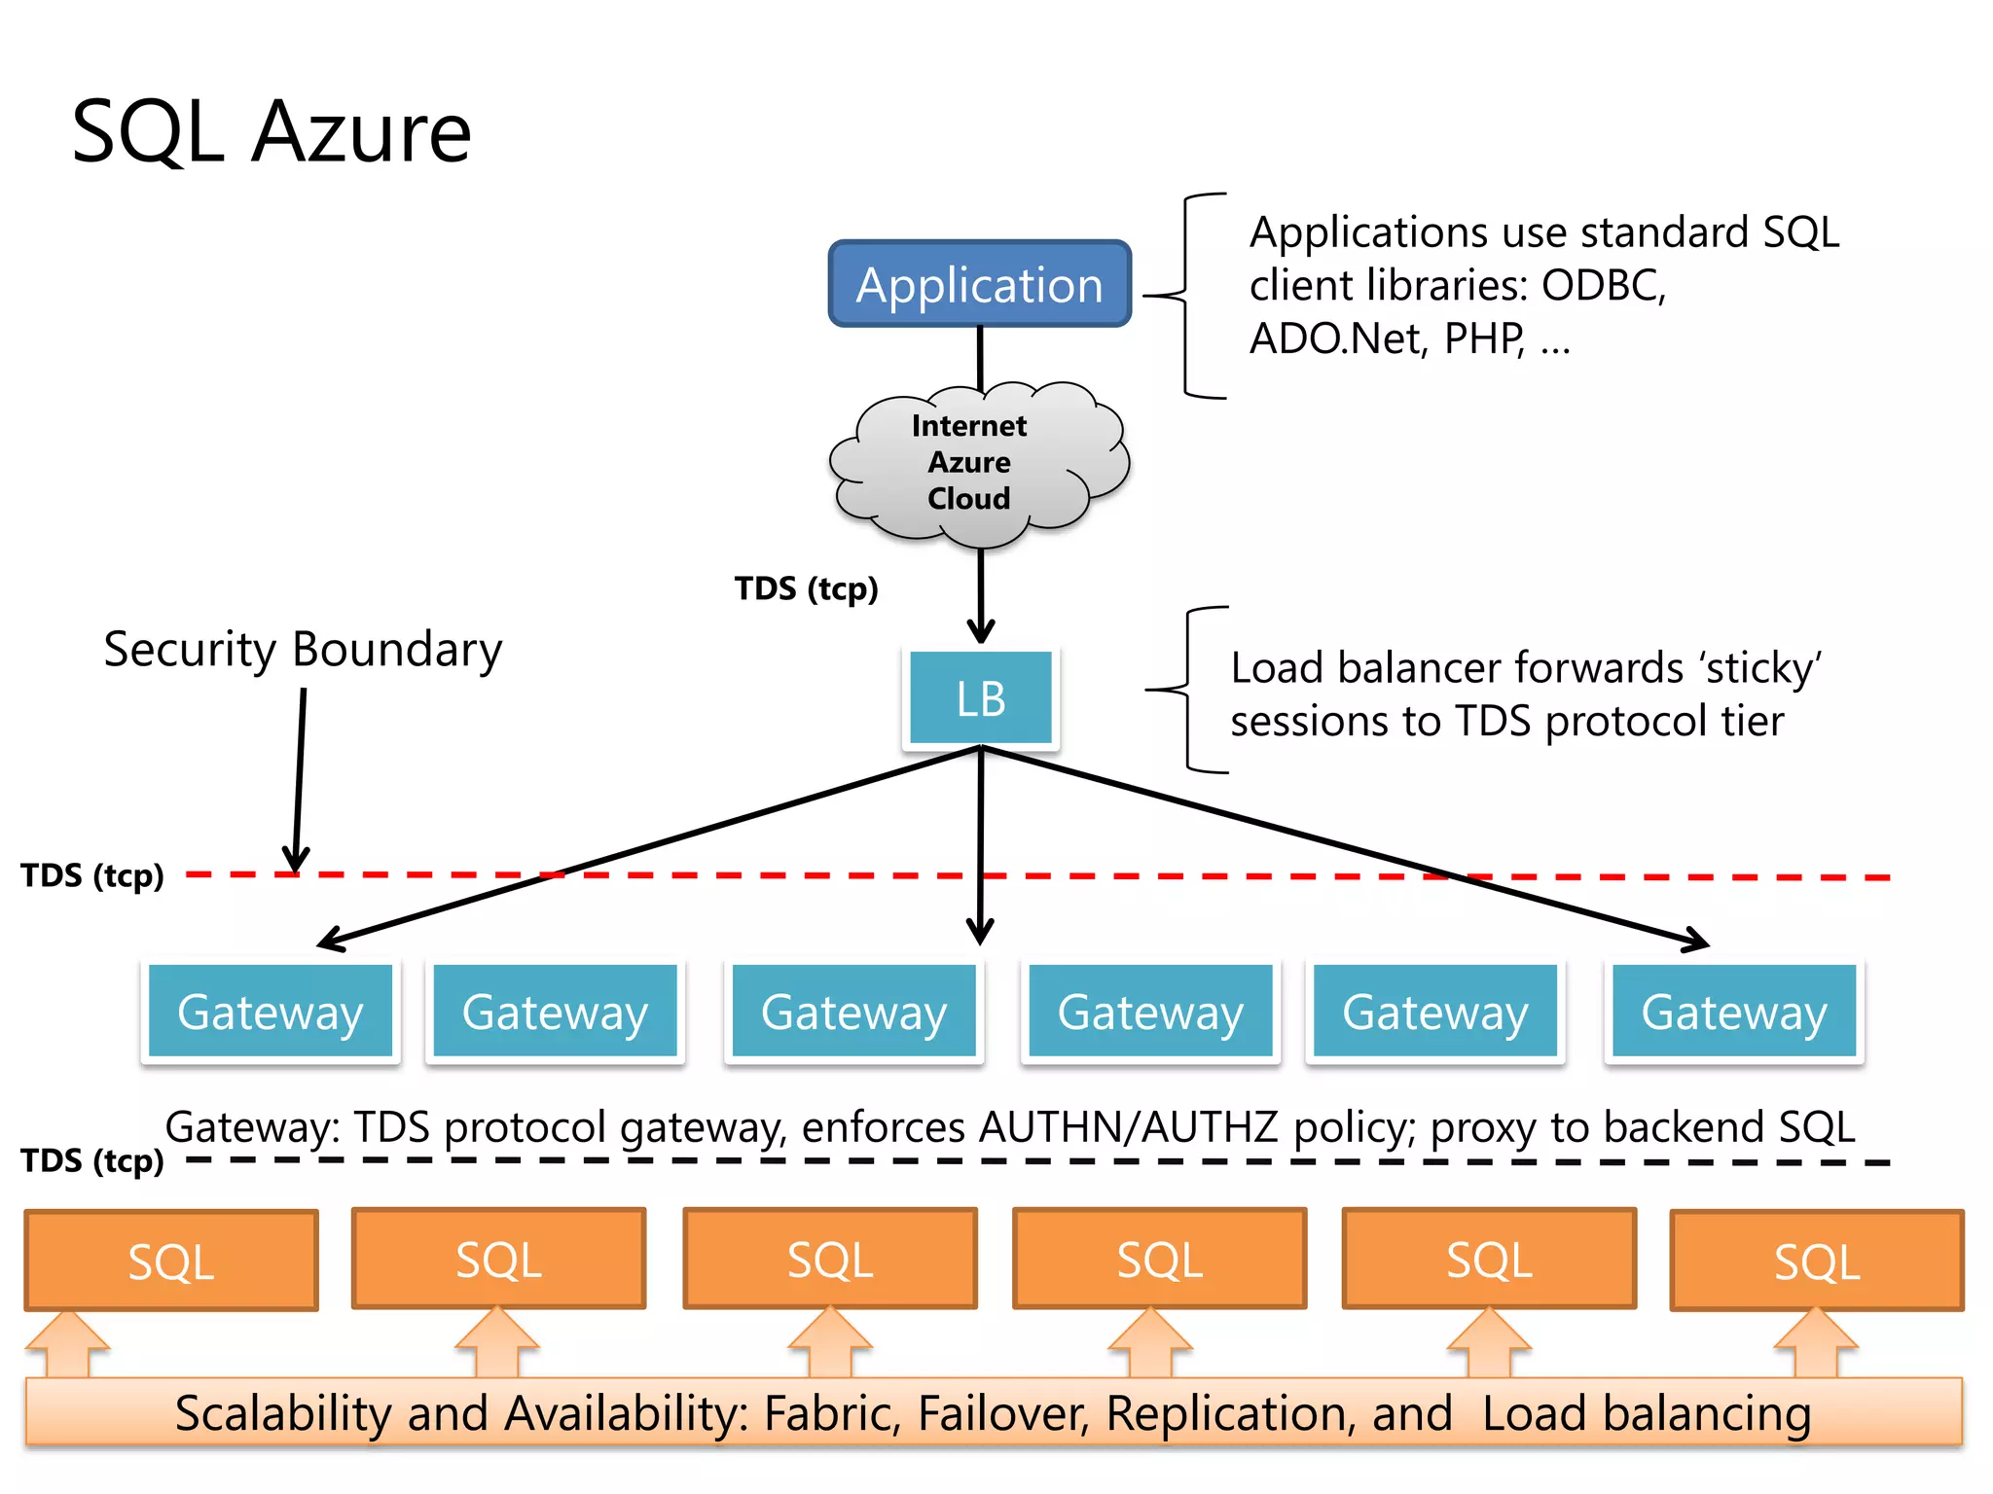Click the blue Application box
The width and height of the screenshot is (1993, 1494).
pyautogui.click(x=979, y=284)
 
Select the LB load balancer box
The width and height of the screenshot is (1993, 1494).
pyautogui.click(x=980, y=698)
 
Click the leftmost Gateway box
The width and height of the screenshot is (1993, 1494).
pyautogui.click(x=271, y=1012)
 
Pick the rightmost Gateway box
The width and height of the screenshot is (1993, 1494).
pyautogui.click(x=1733, y=1012)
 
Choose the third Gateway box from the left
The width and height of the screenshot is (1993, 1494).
pyautogui.click(x=853, y=1012)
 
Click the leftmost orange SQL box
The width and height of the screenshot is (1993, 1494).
pyautogui.click(x=171, y=1261)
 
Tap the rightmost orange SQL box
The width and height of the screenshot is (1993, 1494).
pyautogui.click(x=1816, y=1261)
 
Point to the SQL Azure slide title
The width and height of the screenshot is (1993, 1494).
pyautogui.click(x=272, y=132)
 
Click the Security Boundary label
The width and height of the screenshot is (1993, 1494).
pyautogui.click(x=303, y=650)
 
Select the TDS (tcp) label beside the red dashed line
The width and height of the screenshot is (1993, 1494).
pyautogui.click(x=92, y=875)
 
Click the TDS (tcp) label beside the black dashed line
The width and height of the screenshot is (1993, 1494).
pyautogui.click(x=92, y=1160)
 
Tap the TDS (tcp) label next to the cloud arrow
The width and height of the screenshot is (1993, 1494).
pyautogui.click(x=806, y=588)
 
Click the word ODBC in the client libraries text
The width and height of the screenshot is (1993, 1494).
pyautogui.click(x=1603, y=286)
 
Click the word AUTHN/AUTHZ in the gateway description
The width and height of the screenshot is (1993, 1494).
pyautogui.click(x=1128, y=1127)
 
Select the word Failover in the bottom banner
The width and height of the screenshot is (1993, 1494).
pyautogui.click(x=1003, y=1414)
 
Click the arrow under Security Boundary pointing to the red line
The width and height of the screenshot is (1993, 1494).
pyautogui.click(x=299, y=778)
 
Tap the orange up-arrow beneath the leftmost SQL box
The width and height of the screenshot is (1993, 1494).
pyautogui.click(x=67, y=1344)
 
